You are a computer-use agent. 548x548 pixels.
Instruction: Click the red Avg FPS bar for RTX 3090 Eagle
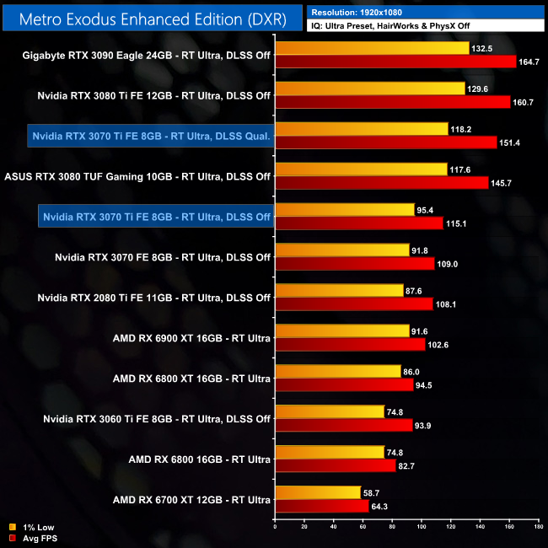click(x=395, y=62)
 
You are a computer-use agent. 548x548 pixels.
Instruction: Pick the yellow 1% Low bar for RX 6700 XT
click(x=318, y=492)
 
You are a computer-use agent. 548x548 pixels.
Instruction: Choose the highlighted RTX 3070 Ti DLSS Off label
click(x=157, y=217)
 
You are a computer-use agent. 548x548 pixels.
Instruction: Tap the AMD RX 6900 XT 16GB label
click(x=191, y=339)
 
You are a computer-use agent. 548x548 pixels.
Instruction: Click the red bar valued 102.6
click(x=350, y=345)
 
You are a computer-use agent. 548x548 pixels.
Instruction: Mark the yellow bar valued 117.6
click(x=361, y=169)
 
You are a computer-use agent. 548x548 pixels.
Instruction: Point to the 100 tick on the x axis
click(x=422, y=528)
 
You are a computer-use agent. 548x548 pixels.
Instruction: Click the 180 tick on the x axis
click(x=538, y=528)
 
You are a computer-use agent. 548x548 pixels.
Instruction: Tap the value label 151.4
click(x=511, y=142)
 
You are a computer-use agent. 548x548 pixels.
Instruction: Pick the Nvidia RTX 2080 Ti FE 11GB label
click(x=154, y=298)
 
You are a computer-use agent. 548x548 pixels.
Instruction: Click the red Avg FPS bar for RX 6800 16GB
click(x=336, y=465)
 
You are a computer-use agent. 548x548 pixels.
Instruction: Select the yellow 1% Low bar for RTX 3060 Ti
click(x=330, y=411)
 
